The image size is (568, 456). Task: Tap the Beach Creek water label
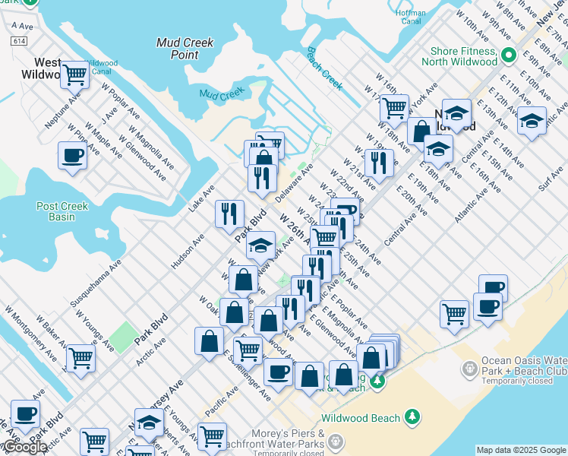(x=325, y=67)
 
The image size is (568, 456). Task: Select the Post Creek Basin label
(x=62, y=211)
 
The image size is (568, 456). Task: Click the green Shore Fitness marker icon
(x=508, y=55)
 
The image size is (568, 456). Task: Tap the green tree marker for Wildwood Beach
(x=412, y=416)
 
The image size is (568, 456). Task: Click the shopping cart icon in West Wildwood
(x=74, y=74)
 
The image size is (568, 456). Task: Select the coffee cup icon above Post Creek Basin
(x=72, y=156)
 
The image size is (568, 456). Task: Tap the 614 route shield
(x=17, y=41)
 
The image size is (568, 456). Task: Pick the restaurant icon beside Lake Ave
(x=229, y=213)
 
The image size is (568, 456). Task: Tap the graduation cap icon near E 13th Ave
(x=532, y=120)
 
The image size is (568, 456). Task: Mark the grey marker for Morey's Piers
(x=336, y=442)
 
